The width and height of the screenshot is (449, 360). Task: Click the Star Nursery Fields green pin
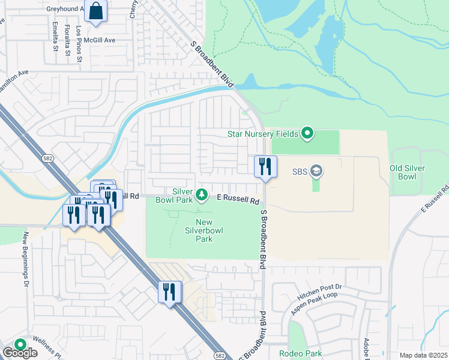tap(307, 133)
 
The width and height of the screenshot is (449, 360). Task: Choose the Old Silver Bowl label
tap(411, 173)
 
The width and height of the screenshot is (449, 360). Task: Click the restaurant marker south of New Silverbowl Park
tap(170, 293)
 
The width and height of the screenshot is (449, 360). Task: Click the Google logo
tap(20, 353)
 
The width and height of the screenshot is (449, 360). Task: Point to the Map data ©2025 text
tap(423, 355)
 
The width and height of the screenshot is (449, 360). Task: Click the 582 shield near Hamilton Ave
tap(47, 158)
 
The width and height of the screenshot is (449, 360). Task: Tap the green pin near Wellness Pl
tap(20, 345)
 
